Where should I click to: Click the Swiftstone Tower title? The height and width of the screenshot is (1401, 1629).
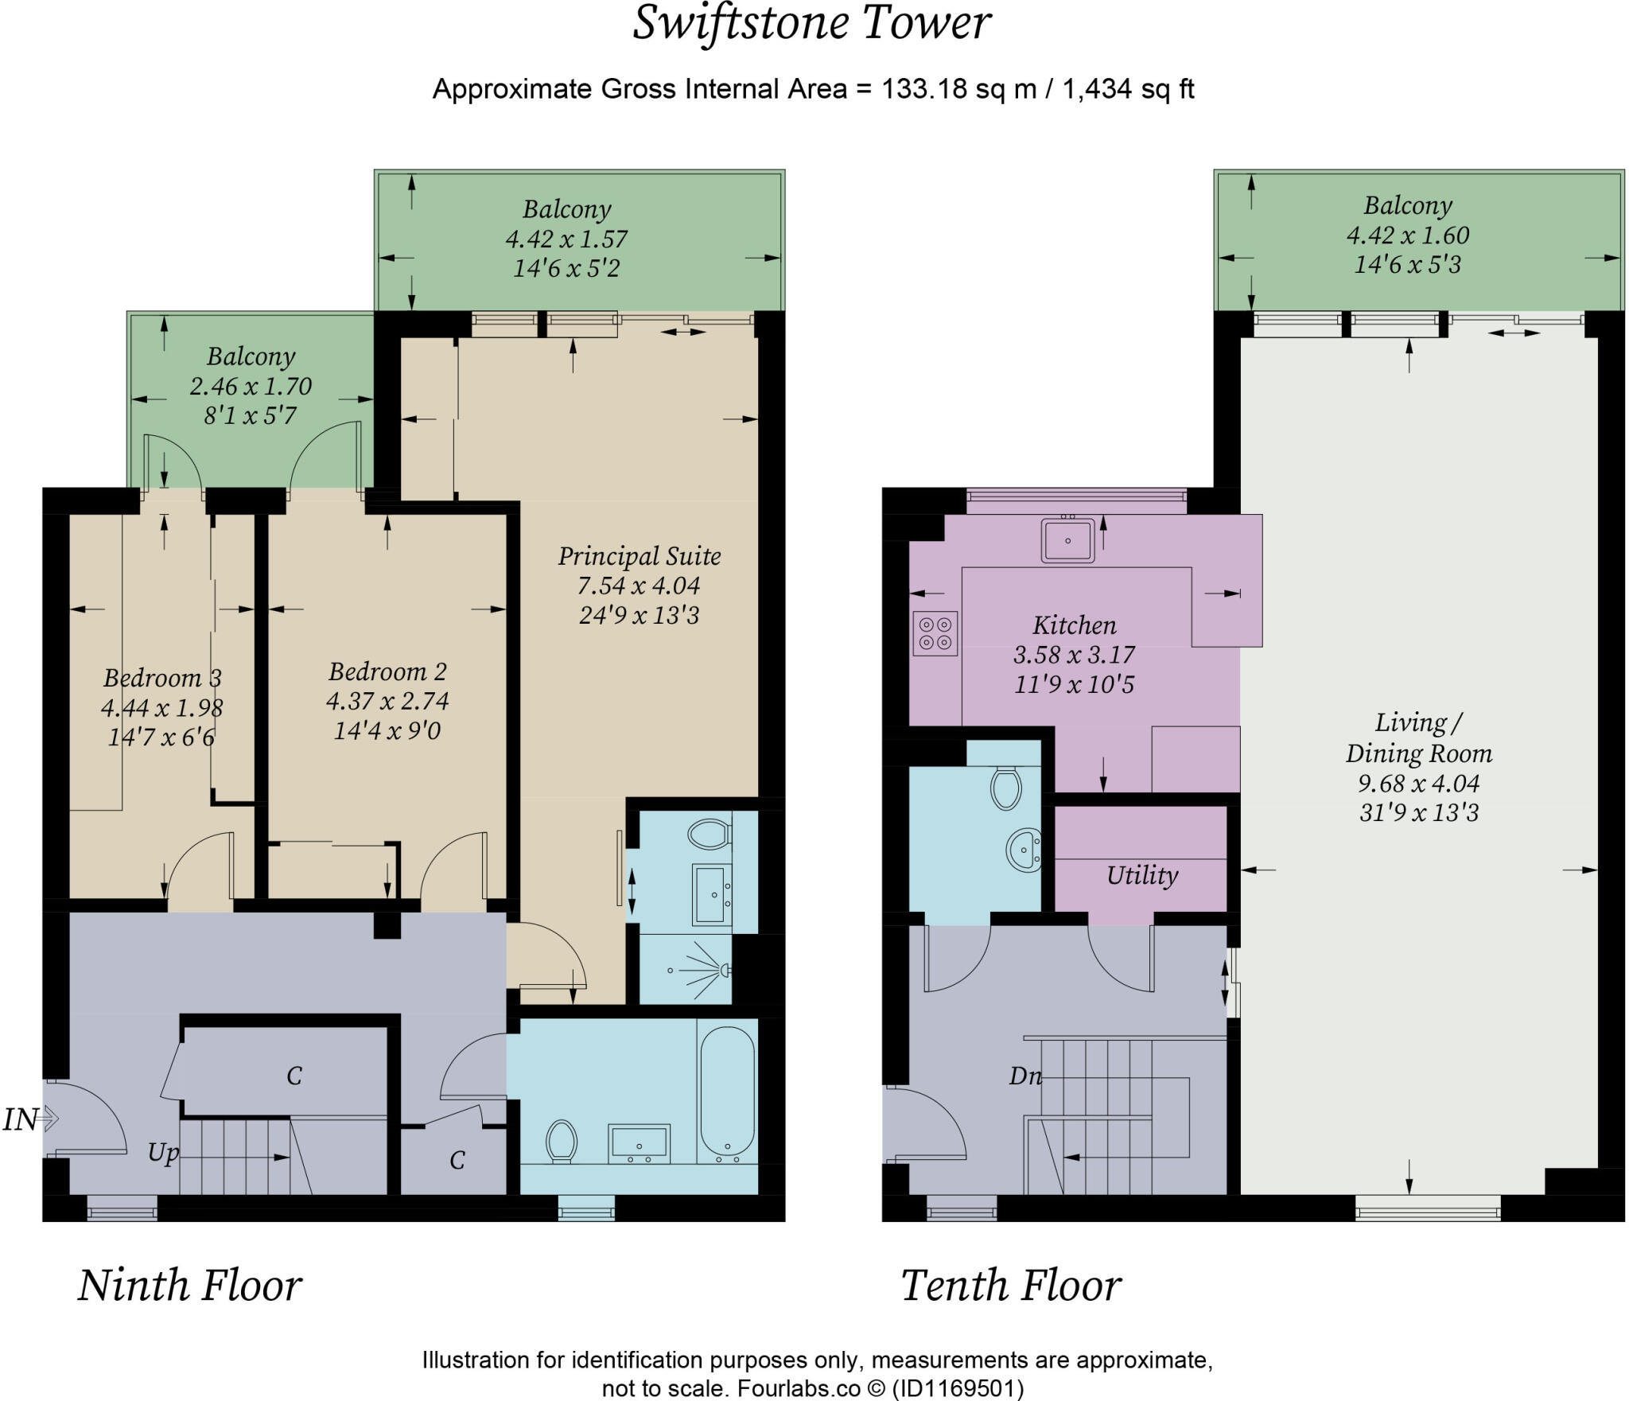[811, 24]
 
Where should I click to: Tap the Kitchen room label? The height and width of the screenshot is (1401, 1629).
[1074, 625]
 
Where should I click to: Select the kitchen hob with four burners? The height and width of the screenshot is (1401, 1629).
[935, 633]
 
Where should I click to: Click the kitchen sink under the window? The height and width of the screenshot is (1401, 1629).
[1067, 540]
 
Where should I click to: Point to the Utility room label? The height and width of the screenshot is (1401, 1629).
[1141, 875]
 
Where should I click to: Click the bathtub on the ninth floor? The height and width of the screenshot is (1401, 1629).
[727, 1091]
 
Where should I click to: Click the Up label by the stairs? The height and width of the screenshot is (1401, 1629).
[163, 1152]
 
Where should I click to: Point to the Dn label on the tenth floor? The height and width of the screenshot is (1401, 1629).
[1024, 1076]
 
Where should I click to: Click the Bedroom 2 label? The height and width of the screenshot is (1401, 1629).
[387, 671]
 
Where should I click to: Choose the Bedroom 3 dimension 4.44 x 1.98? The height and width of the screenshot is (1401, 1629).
[161, 707]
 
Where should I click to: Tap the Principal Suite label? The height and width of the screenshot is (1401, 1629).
[639, 556]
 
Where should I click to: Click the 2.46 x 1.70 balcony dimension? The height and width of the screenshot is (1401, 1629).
[251, 387]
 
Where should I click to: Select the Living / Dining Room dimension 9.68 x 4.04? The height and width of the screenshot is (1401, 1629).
[1418, 784]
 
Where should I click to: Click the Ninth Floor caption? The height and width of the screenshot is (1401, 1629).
[189, 1286]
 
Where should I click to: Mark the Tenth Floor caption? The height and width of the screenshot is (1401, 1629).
[1010, 1286]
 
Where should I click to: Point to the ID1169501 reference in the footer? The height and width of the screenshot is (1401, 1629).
[958, 1388]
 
